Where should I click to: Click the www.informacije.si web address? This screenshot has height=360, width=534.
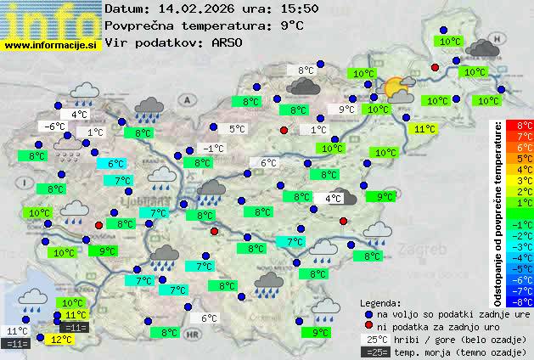coord(51,44)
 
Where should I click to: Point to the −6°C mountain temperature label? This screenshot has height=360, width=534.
coord(53,127)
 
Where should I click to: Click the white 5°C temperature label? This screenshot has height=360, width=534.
coord(237,129)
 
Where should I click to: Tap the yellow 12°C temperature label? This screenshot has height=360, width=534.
coord(60,339)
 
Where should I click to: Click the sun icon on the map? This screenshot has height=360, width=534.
coord(395,87)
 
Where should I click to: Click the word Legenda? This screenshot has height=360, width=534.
coord(380,302)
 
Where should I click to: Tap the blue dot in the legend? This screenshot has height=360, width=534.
coord(368,314)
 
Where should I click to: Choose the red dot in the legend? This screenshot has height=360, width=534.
coord(368,326)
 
